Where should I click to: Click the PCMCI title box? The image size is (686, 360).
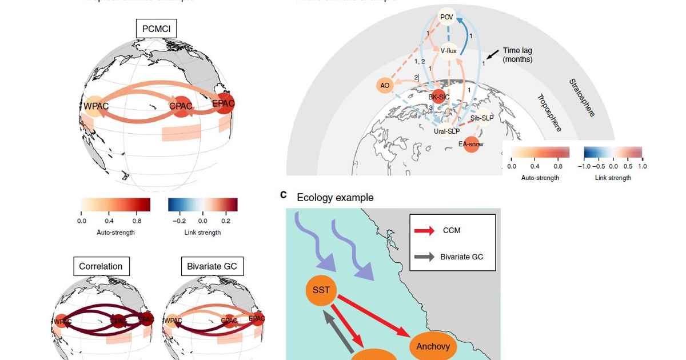click(155, 29)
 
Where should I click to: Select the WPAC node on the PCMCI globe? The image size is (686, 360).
click(94, 107)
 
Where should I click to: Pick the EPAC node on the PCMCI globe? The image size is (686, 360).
click(223, 103)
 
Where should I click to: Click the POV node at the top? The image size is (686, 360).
click(446, 17)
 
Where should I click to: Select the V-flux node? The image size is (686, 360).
click(448, 51)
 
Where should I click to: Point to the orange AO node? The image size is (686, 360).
click(385, 86)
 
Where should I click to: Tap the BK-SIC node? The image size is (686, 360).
click(438, 97)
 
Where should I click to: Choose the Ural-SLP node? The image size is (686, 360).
click(446, 131)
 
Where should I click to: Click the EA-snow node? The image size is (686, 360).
click(470, 144)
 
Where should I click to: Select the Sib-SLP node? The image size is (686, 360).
click(482, 118)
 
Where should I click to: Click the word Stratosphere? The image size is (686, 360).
click(582, 97)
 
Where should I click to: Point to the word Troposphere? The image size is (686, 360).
click(549, 113)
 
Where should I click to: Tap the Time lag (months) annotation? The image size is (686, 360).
click(517, 55)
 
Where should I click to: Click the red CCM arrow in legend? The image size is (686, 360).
click(424, 231)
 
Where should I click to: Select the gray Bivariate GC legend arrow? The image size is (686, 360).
click(424, 257)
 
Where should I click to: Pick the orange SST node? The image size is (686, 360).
click(321, 290)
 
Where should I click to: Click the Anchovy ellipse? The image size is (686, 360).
click(433, 346)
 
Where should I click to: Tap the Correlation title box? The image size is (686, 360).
click(101, 266)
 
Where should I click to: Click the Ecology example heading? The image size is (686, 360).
click(335, 197)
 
